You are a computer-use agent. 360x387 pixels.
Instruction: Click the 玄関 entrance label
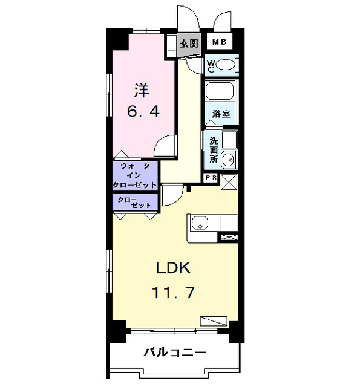[x=189, y=44]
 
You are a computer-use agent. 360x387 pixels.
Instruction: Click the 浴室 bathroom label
[x=221, y=114]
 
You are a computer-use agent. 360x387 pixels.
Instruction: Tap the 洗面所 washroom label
[x=213, y=149]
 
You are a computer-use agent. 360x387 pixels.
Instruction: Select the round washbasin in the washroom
[x=228, y=160]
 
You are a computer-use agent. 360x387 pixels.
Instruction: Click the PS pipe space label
[x=211, y=178]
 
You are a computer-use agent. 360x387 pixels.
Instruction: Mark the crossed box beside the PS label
[x=229, y=181]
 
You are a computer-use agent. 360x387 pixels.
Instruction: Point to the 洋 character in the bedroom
[x=142, y=91]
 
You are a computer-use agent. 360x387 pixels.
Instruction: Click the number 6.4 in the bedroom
[x=143, y=112]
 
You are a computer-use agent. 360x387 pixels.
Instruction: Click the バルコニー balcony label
[x=174, y=353]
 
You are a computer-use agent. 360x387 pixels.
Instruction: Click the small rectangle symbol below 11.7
[x=214, y=321]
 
